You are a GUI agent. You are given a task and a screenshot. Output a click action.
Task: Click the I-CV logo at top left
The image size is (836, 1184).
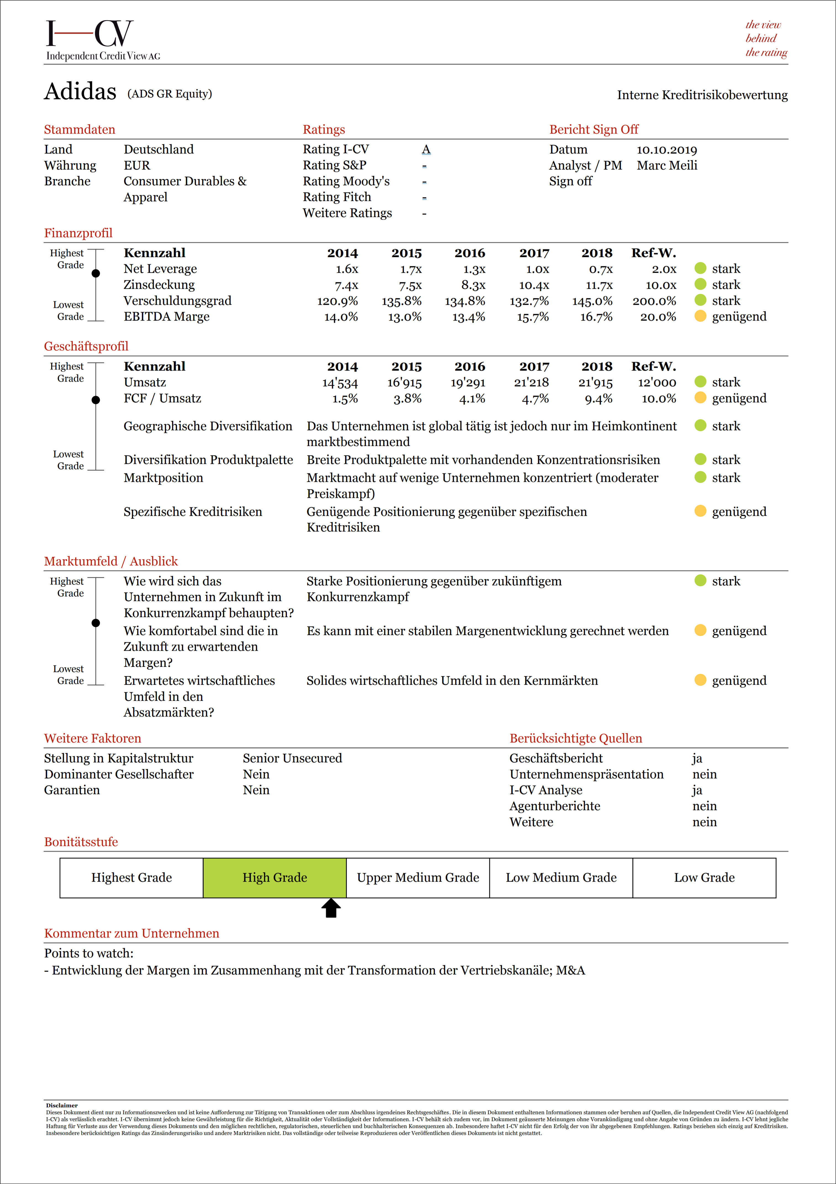(90, 34)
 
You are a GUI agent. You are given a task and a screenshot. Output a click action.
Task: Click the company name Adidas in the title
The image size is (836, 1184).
(80, 92)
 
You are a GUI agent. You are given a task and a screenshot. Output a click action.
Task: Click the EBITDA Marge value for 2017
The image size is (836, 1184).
(533, 317)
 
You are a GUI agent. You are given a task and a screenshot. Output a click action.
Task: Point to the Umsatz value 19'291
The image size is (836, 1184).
(468, 383)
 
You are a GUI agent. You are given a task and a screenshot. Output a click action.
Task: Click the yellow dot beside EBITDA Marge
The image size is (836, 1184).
(700, 316)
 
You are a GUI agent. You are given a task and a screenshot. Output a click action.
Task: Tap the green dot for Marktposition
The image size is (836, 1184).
(700, 477)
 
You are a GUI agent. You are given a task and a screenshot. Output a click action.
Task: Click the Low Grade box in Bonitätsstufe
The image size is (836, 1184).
(704, 878)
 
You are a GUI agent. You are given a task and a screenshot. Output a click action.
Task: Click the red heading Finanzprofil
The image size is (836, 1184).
(78, 233)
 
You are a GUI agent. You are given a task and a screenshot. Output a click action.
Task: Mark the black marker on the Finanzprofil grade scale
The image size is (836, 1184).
(96, 273)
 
